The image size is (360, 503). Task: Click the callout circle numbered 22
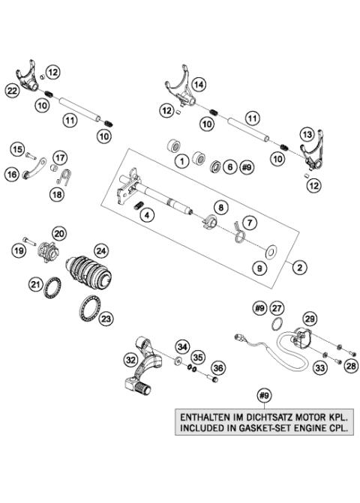(x=11, y=90)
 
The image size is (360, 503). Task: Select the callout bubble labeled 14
(x=198, y=85)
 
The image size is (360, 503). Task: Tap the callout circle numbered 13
(x=307, y=133)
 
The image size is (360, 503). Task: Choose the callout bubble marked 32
(x=131, y=361)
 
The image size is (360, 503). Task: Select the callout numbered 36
(x=218, y=368)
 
